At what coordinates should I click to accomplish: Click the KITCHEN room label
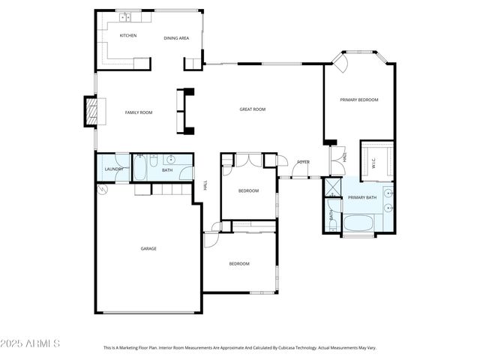pos(128,35)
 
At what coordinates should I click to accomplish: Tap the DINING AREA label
pos(176,38)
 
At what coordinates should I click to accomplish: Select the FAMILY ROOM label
pos(138,112)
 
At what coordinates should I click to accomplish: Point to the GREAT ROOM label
pos(253,109)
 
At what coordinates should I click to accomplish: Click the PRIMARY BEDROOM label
pos(359,100)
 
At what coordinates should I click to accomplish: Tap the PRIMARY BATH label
pos(362,197)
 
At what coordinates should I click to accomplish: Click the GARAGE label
pos(148,248)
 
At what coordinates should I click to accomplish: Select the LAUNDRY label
pos(114,169)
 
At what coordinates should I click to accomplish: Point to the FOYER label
pos(303,162)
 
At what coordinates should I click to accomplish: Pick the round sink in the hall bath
pos(170,159)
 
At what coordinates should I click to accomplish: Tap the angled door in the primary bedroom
pos(340,63)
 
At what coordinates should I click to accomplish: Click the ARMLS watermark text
pos(30,343)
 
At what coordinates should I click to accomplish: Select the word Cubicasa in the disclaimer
pos(281,348)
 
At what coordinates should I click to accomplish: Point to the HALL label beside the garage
pos(205,185)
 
